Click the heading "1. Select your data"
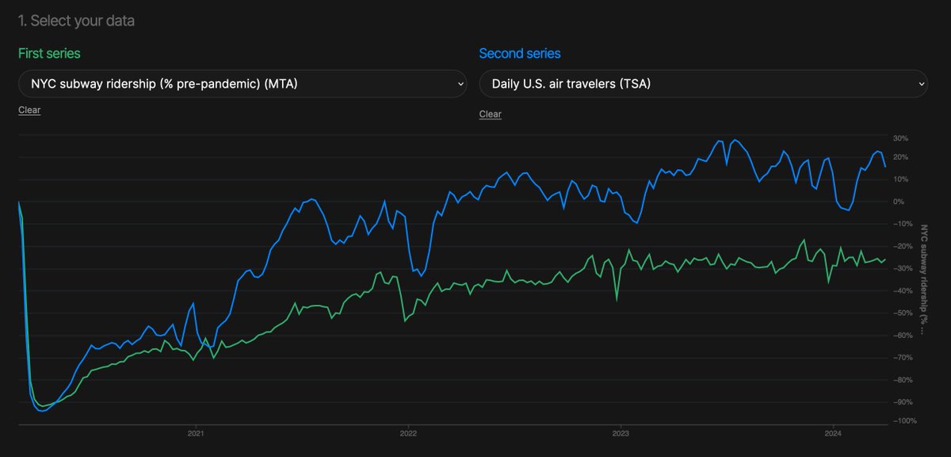coord(76,21)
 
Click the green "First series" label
coord(49,53)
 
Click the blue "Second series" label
coord(519,53)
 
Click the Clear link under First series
coord(29,110)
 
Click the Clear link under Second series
coord(490,114)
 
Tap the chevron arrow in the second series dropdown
coord(921,83)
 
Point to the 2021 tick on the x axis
coord(196,433)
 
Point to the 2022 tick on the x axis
coord(408,433)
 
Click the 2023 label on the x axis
coord(621,433)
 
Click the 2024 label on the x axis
coord(833,433)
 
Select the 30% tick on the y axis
coord(899,138)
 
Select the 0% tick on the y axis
coord(899,202)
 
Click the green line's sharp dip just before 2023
coord(617,300)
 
